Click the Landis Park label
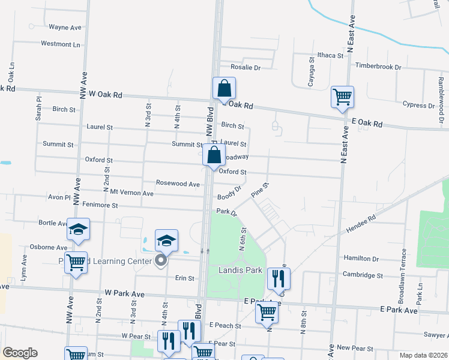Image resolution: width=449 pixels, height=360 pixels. click(240, 270)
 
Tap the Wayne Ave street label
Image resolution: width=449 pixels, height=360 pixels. click(65, 27)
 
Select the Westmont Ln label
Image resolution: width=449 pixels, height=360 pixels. click(60, 44)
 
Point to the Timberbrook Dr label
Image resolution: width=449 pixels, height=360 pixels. click(378, 65)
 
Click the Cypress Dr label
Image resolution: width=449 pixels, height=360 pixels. click(419, 106)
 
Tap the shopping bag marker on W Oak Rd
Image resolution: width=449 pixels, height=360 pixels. click(224, 89)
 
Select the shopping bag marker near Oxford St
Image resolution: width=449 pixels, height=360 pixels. click(214, 155)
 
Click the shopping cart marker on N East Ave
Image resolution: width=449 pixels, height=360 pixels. click(342, 97)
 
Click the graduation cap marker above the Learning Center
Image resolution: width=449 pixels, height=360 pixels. click(166, 241)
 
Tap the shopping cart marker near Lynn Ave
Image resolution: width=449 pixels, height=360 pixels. click(76, 263)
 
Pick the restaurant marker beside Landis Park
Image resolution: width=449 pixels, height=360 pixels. click(279, 278)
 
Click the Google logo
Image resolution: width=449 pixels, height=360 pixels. click(20, 353)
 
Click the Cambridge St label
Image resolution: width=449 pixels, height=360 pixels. click(363, 275)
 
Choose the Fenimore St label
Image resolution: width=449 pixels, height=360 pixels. click(97, 205)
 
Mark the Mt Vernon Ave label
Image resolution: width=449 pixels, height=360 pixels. click(131, 193)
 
